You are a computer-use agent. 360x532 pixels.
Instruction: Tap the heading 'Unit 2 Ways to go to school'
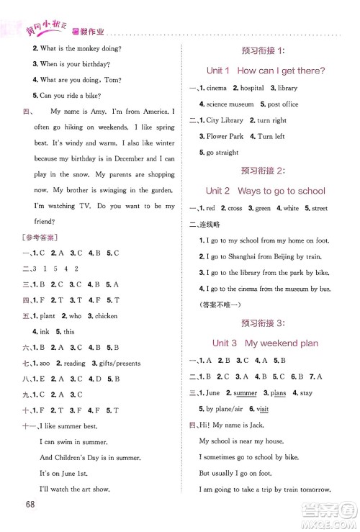[x=265, y=191]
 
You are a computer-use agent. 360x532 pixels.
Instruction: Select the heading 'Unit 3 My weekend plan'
[x=265, y=343]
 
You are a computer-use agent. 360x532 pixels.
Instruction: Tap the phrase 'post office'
[x=283, y=104]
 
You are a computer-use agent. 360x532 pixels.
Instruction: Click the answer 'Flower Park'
[x=225, y=137]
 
